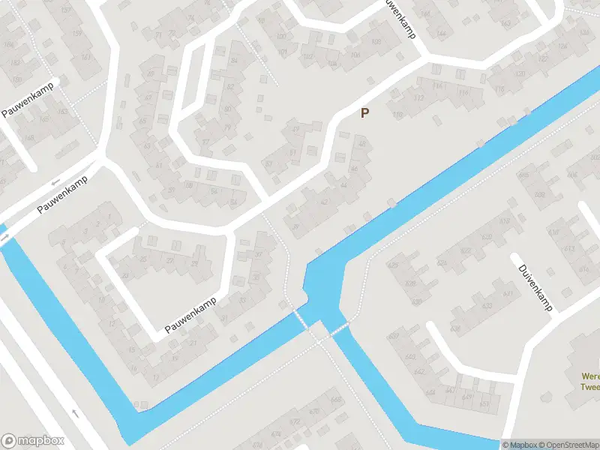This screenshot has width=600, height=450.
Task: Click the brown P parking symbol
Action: tap(365, 113)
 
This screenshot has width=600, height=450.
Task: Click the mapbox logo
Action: tap(33, 441)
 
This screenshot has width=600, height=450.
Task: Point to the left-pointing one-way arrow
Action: tap(54, 183)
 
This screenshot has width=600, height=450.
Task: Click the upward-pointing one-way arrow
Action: tap(74, 412)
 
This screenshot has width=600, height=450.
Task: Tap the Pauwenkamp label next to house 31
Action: tap(191, 313)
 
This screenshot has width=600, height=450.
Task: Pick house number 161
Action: tap(87, 56)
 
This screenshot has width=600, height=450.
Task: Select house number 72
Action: tap(158, 35)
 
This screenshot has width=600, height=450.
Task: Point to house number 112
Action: tap(418, 98)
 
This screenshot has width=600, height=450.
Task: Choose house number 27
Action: tap(170, 260)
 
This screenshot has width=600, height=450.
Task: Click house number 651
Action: tap(484, 404)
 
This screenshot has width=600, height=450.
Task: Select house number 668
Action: tap(335, 399)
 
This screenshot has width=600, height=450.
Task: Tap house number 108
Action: tap(355, 54)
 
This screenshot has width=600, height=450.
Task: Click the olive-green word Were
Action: tap(591, 376)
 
